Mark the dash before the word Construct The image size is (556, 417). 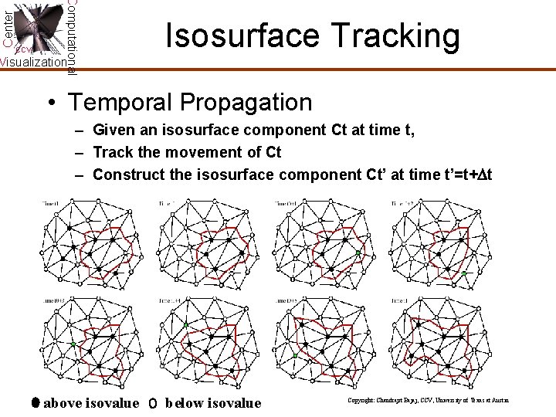79,175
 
